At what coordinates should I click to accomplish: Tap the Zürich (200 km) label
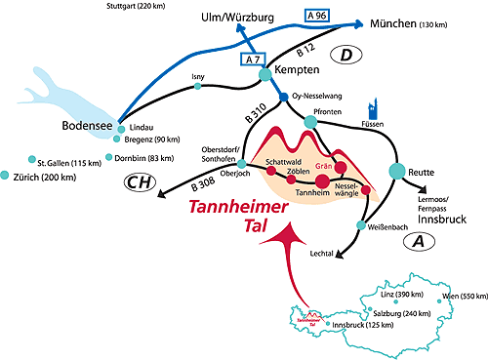point(46,177)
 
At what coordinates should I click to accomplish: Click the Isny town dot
point(198,87)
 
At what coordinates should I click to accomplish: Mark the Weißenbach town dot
point(360,225)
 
